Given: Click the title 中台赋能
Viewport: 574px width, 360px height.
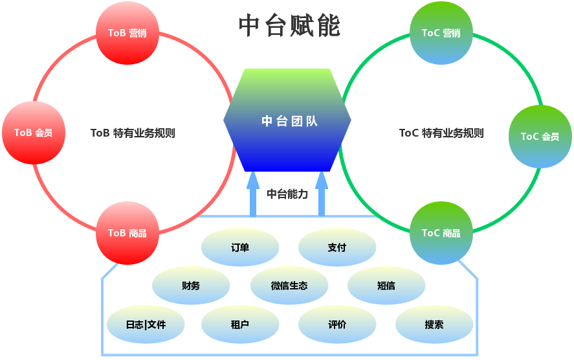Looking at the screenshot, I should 289,27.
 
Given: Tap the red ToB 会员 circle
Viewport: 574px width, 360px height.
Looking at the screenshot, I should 34,133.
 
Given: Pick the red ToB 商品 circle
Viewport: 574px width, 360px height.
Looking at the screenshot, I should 127,233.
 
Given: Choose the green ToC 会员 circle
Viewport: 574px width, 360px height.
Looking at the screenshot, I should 540,137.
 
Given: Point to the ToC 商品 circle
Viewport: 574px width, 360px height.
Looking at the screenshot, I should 441,233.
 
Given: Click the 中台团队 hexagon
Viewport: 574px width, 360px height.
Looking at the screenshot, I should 287,120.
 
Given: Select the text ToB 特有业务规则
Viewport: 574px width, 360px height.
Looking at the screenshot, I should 133,133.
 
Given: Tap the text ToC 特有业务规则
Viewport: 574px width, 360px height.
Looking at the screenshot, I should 441,133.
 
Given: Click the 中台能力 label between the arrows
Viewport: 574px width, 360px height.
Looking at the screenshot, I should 287,193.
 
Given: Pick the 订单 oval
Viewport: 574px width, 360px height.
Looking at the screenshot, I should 240,247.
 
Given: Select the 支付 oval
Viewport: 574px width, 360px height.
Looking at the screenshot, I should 337,247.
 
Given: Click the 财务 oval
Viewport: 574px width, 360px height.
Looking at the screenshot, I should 191,286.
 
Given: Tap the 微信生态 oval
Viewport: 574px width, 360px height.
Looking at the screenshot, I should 289,286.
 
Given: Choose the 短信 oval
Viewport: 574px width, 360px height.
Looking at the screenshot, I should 386,286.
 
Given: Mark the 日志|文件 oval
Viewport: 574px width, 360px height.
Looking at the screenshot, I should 146,324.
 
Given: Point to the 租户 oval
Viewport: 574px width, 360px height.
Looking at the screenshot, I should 240,324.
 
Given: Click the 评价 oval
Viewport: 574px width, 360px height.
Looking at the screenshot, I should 337,324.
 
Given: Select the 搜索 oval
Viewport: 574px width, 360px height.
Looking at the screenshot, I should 434,324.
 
